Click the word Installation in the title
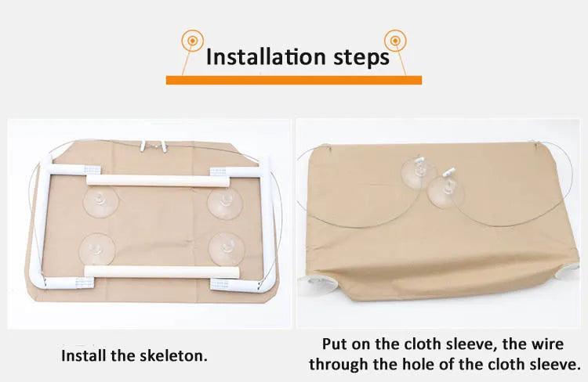pyautogui.click(x=266, y=57)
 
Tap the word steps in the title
pyautogui.click(x=361, y=58)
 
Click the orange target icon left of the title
pyautogui.click(x=192, y=40)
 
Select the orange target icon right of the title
pyautogui.click(x=395, y=40)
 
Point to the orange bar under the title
pyautogui.click(x=294, y=80)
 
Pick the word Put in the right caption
pyautogui.click(x=335, y=344)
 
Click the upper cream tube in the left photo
pyautogui.click(x=158, y=181)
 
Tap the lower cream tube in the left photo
pyautogui.click(x=162, y=272)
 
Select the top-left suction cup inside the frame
pyautogui.click(x=100, y=203)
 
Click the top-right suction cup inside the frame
pyautogui.click(x=225, y=203)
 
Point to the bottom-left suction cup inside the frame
pyautogui.click(x=96, y=250)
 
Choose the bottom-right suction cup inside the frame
pyautogui.click(x=227, y=249)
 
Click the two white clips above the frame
pyautogui.click(x=154, y=146)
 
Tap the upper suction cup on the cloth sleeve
pyautogui.click(x=419, y=174)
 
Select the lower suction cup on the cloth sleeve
pyautogui.click(x=445, y=191)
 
